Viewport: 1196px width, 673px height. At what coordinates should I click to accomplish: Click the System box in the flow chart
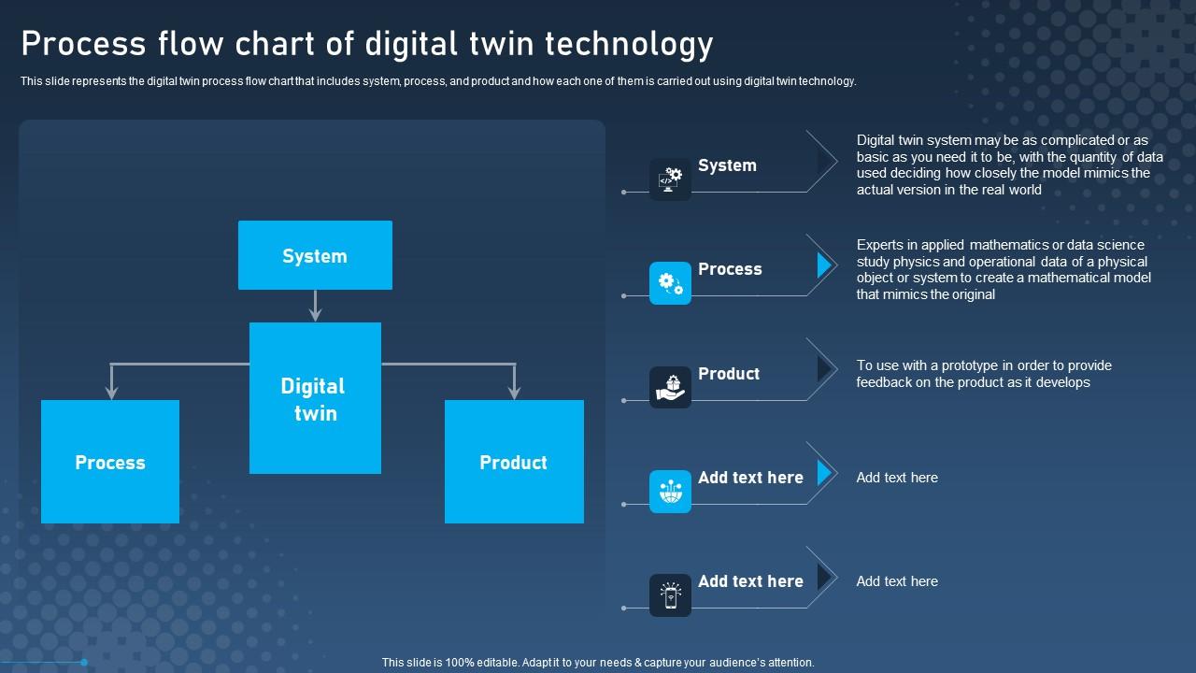click(315, 255)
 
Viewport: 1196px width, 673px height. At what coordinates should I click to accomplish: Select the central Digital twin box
click(315, 398)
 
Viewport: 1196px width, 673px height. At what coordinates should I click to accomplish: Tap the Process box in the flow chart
click(110, 462)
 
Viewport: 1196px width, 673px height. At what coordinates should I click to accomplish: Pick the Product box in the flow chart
click(514, 462)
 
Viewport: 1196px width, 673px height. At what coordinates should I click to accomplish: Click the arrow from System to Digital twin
click(315, 306)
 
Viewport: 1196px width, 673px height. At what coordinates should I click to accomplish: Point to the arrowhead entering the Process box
click(112, 393)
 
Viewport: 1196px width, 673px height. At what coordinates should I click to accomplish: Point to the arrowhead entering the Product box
click(514, 393)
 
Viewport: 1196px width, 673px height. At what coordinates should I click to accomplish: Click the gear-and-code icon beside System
click(670, 179)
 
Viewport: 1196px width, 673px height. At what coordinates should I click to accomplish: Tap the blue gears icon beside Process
click(670, 282)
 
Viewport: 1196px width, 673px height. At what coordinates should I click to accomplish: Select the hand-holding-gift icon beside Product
click(670, 387)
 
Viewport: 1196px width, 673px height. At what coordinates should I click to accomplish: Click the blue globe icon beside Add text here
click(670, 491)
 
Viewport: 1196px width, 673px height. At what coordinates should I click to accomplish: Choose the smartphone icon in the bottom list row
click(670, 594)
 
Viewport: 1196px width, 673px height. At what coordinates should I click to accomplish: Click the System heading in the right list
click(727, 165)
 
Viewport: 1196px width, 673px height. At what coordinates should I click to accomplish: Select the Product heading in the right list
click(729, 374)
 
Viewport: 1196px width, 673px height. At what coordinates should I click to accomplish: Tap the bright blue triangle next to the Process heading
click(823, 265)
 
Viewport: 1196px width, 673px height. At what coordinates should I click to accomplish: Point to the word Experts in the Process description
click(880, 245)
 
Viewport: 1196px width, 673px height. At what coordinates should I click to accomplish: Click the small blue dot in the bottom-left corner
click(84, 662)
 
